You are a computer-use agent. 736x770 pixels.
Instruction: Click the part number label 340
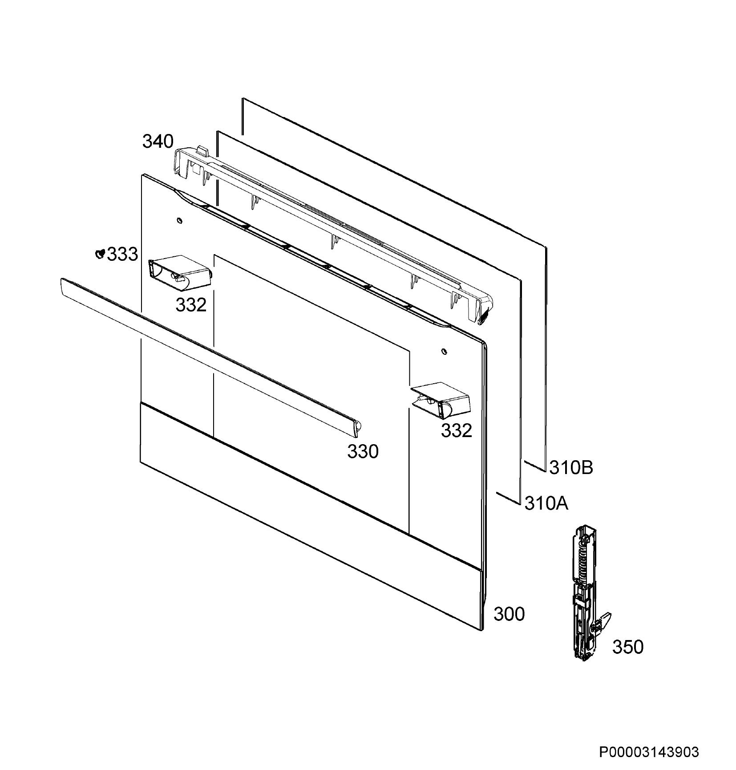point(158,142)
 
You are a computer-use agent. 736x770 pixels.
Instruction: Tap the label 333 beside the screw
point(123,255)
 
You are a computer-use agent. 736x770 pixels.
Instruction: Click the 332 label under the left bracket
point(191,305)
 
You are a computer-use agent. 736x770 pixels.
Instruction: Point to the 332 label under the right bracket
point(456,430)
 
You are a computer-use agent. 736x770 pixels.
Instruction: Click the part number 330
point(363,451)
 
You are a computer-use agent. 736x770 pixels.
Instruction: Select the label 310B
point(571,467)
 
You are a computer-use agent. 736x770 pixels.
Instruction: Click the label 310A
point(546,503)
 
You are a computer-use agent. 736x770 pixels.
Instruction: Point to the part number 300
point(509,614)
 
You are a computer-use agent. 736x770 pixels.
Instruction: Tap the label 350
point(628,647)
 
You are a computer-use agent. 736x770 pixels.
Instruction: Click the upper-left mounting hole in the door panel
point(179,220)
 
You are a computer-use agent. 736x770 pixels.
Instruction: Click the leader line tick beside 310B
point(535,466)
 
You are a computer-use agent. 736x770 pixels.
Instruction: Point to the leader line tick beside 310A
point(508,498)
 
